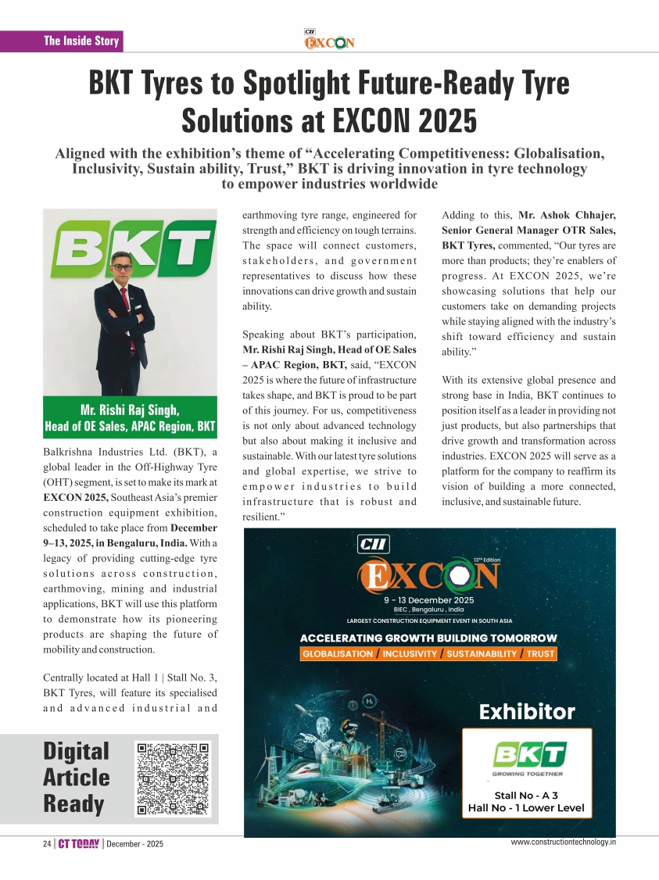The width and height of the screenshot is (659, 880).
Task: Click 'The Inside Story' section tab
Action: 81,41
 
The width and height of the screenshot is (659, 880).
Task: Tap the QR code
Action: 174,778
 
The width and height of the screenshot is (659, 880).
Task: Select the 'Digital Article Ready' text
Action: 77,778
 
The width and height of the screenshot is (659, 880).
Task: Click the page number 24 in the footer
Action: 48,844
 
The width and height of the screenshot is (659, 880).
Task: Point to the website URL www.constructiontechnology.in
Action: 563,842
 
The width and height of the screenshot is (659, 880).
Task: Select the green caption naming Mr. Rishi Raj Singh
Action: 131,417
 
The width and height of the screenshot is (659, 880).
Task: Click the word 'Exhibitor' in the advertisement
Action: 526,712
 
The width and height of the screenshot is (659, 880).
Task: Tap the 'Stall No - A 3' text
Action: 525,796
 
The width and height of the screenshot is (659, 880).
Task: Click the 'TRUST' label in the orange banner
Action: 540,653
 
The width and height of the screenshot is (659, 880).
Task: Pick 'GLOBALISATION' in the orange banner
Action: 338,653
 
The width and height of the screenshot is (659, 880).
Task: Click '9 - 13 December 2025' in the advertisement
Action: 429,599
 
